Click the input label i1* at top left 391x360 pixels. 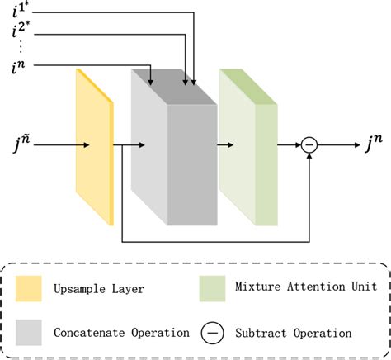[x=17, y=12]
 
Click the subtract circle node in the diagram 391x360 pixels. [x=309, y=146]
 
